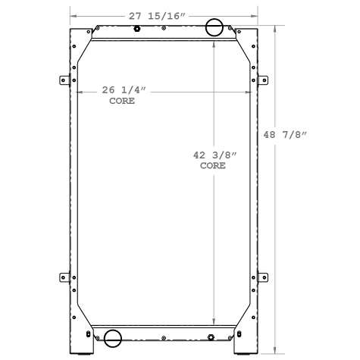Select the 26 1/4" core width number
[x=124, y=90]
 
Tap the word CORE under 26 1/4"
[x=122, y=100]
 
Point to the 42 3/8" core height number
[x=215, y=155]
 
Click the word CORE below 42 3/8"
[x=213, y=164]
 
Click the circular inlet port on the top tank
[x=215, y=28]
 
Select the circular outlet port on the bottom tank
[x=114, y=338]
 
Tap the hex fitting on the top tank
[x=137, y=30]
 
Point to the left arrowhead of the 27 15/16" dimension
[x=73, y=14]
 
